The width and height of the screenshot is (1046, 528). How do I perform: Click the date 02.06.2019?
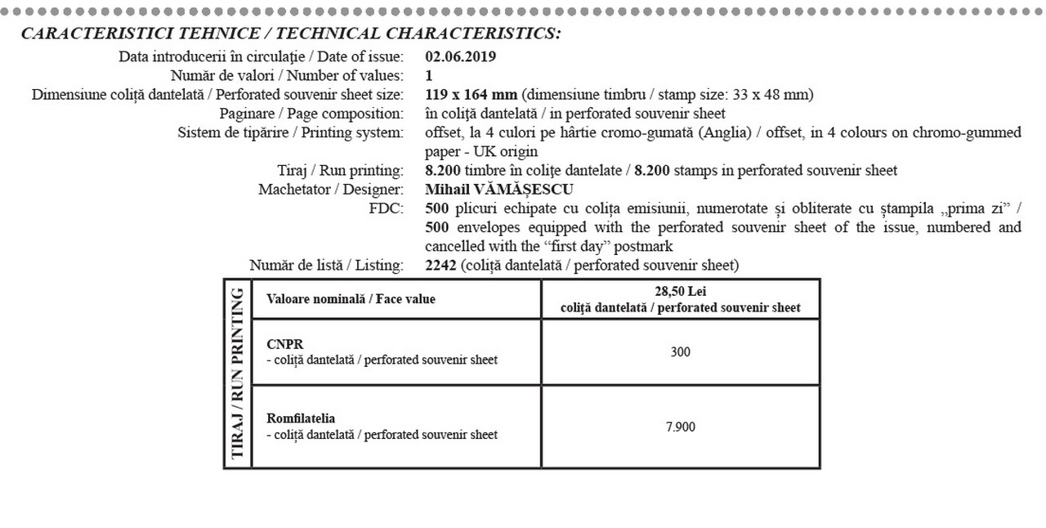[x=460, y=57]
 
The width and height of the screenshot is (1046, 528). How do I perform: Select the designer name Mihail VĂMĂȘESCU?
[x=499, y=190]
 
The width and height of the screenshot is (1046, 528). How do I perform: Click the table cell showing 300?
[x=680, y=351]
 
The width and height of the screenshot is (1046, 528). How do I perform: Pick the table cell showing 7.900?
[x=680, y=427]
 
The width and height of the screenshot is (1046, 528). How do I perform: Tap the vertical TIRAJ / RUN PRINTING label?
[x=238, y=374]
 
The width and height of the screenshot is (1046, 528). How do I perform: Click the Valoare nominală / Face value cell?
[x=351, y=299]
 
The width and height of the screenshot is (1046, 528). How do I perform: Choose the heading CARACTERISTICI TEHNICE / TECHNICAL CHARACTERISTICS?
[x=291, y=34]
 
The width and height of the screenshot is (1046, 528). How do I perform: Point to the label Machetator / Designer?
[x=331, y=190]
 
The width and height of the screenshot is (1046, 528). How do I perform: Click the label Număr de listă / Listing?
[x=326, y=265]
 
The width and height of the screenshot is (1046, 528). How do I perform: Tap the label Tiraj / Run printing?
[x=340, y=171]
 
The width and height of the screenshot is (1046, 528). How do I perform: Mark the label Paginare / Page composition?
[x=311, y=114]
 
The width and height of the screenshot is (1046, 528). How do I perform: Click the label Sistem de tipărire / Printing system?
[x=290, y=132]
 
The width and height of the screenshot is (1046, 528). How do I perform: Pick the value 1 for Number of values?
[x=430, y=76]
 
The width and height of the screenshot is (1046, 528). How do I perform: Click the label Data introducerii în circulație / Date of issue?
[x=261, y=57]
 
